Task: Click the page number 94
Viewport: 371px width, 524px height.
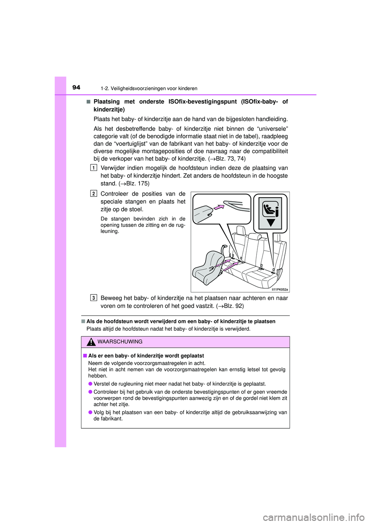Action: click(x=76, y=88)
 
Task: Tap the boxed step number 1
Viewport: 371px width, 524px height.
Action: click(x=94, y=168)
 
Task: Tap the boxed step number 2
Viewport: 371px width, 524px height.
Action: click(x=94, y=194)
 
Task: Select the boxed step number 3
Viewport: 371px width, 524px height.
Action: click(x=94, y=298)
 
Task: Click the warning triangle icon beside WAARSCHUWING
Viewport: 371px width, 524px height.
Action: click(x=91, y=342)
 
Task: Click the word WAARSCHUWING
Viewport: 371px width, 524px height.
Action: click(x=120, y=342)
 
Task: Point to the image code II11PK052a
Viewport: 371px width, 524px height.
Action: click(x=279, y=289)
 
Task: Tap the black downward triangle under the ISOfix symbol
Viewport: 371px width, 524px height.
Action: click(x=271, y=223)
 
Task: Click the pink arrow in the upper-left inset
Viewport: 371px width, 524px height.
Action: click(x=219, y=207)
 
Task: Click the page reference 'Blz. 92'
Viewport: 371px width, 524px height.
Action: click(x=233, y=306)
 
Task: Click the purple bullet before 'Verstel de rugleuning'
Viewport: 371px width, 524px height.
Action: click(x=90, y=384)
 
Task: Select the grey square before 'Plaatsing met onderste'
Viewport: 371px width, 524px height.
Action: click(x=88, y=102)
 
